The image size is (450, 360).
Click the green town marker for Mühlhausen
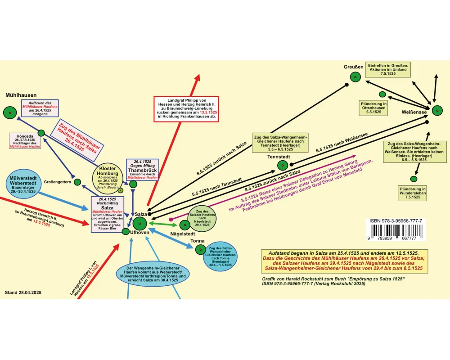(9, 112)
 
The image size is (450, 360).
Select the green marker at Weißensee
(437, 110)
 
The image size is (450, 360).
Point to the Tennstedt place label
(278, 157)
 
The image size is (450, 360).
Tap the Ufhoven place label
(139, 233)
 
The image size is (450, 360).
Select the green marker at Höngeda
(41, 133)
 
